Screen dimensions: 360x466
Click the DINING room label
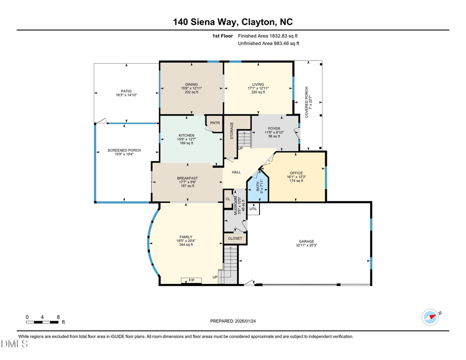pyautogui.click(x=192, y=84)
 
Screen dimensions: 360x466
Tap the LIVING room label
pyautogui.click(x=258, y=84)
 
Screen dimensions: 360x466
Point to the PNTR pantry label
pyautogui.click(x=214, y=123)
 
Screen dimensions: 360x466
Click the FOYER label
pyautogui.click(x=274, y=128)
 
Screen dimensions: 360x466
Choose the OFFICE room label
pyautogui.click(x=296, y=173)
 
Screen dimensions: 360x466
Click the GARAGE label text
pyautogui.click(x=307, y=241)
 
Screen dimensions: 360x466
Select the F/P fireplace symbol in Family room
pyautogui.click(x=191, y=280)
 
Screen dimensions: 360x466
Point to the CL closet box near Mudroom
pyautogui.click(x=228, y=198)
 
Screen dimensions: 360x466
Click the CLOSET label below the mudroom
pyautogui.click(x=235, y=239)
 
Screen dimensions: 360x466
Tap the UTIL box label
pyautogui.click(x=253, y=209)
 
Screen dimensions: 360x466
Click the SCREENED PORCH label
pyautogui.click(x=124, y=150)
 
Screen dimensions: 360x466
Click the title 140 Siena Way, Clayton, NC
pyautogui.click(x=232, y=22)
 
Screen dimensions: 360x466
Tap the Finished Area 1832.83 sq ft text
pyautogui.click(x=268, y=36)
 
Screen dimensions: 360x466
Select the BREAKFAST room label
pyautogui.click(x=187, y=178)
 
